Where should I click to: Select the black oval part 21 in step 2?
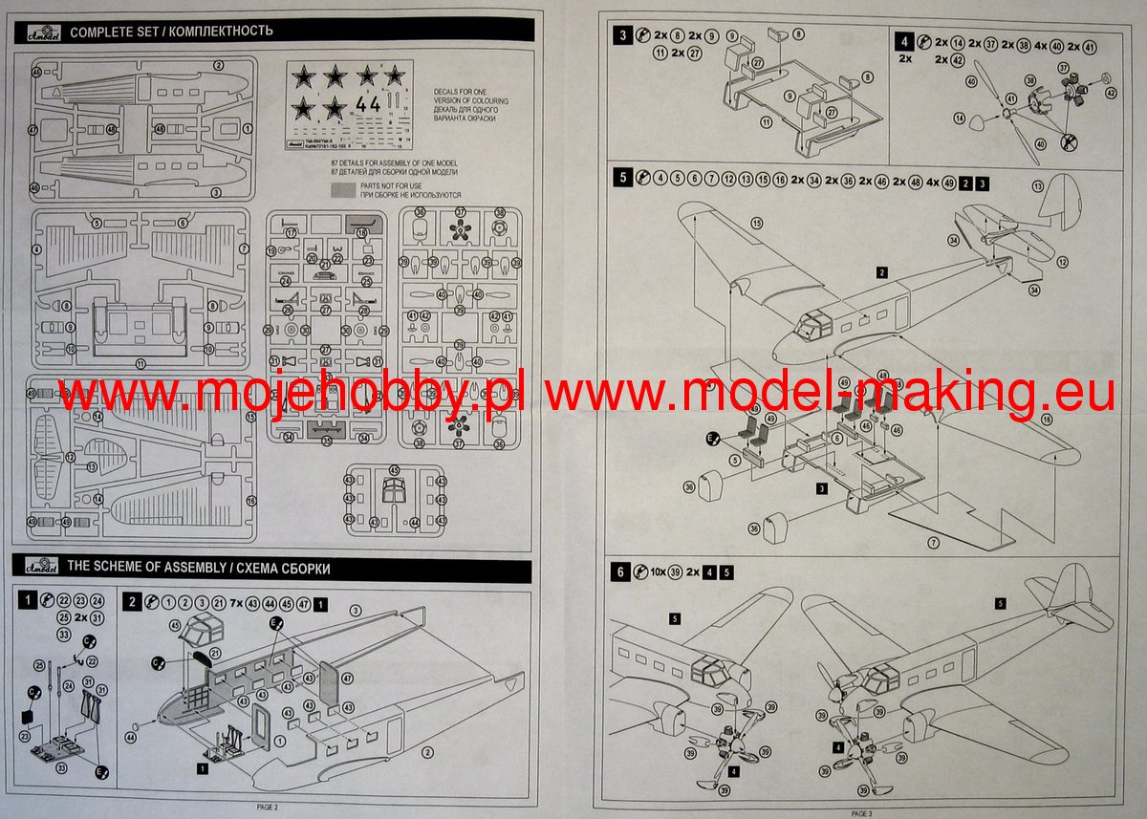pos(199,658)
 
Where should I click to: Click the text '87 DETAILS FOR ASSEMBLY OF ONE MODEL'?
pos(392,164)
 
